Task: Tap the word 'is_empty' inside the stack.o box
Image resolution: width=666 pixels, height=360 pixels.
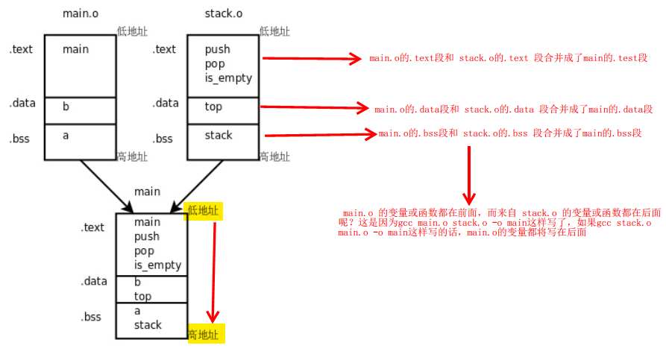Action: [x=228, y=78]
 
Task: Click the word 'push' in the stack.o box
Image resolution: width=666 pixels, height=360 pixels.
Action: [x=218, y=49]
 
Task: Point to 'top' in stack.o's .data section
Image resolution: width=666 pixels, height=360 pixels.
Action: [x=213, y=107]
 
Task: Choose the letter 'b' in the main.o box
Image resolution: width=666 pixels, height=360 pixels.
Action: [x=66, y=107]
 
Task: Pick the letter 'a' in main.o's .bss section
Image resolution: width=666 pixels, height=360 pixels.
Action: [x=66, y=135]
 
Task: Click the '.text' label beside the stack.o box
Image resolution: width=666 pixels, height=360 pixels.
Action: [x=164, y=49]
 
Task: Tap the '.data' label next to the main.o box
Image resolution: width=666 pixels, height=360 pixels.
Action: [x=22, y=104]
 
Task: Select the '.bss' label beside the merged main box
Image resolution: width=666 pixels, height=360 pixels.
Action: [x=91, y=317]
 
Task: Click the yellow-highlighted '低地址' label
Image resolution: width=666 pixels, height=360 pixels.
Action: [x=204, y=211]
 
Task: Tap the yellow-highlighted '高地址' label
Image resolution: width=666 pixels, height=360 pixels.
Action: [x=204, y=334]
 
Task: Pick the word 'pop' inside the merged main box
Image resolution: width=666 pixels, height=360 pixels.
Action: [x=144, y=251]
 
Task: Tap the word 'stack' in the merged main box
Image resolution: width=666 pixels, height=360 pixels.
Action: [x=148, y=325]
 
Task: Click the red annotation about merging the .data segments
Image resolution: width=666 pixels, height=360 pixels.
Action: [x=514, y=109]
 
